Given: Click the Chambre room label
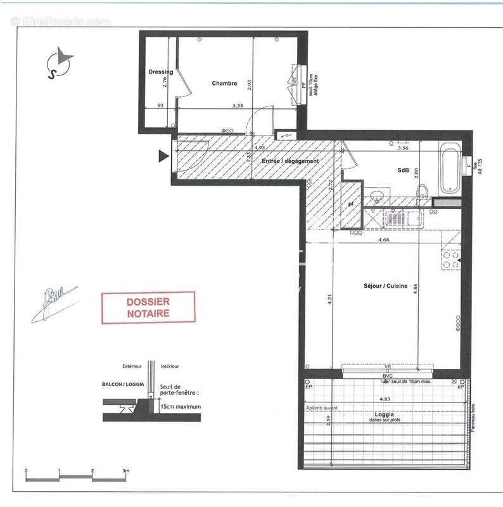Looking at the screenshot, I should click(224, 84).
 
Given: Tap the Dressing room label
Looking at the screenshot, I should click(160, 72).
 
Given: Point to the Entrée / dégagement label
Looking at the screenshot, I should click(290, 162).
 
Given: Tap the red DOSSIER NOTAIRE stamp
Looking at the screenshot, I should click(148, 307).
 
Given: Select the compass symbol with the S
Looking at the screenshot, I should click(59, 63).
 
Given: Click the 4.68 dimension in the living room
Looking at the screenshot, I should click(383, 240).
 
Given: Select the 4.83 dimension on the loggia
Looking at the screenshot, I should click(384, 399).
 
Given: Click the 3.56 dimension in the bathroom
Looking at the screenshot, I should click(402, 148).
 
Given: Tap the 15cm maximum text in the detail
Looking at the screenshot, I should click(181, 407).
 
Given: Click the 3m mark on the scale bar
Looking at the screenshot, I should click(125, 471).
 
